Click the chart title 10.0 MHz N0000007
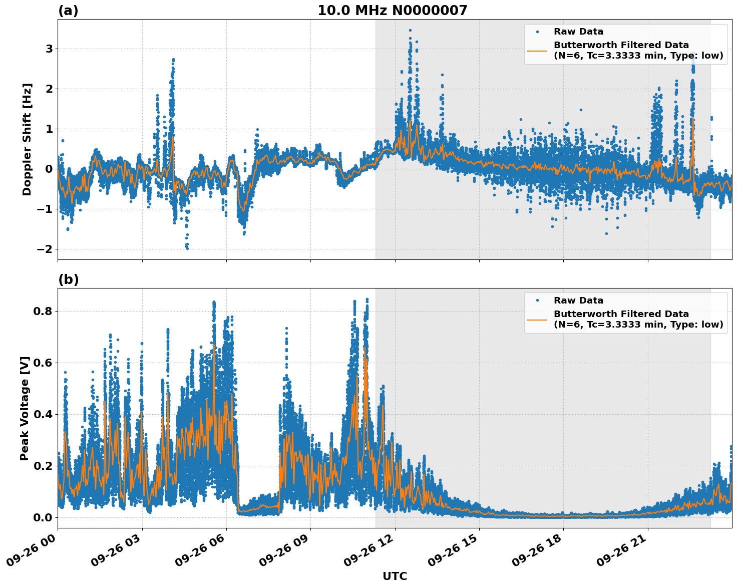coord(392,11)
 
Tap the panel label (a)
coord(68,11)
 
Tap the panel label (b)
coord(68,279)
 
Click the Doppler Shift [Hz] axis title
coord(27,139)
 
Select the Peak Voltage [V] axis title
coord(25,408)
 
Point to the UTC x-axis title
coord(395,576)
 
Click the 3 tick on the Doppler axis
coord(49,49)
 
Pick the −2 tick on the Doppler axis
coord(45,249)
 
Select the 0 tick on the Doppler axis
coord(49,169)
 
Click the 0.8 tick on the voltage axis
coord(43,311)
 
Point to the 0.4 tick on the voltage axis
coord(43,414)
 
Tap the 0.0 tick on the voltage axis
coord(43,517)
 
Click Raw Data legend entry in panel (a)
coord(578,32)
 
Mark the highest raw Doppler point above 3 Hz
coord(410,30)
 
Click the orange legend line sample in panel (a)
coord(537,51)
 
